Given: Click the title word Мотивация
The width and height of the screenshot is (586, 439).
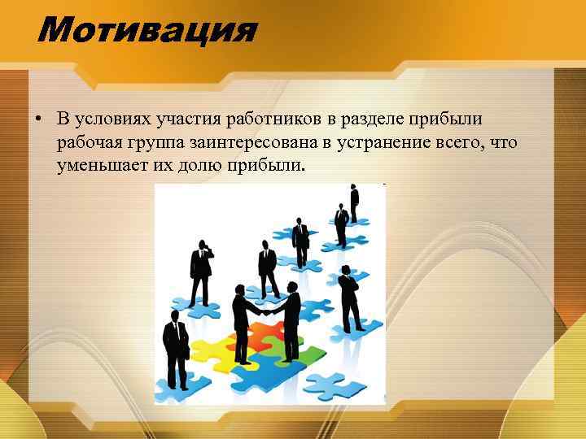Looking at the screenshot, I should (x=146, y=31).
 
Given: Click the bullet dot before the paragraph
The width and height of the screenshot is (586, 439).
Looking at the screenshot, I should (x=38, y=120).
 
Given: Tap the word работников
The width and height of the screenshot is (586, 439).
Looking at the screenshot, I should (x=275, y=120).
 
